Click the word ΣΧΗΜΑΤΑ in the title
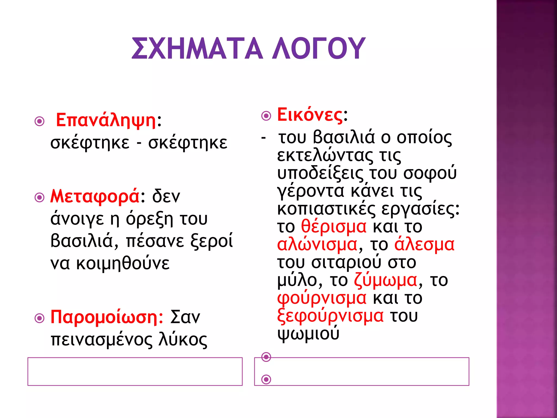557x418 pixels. point(197,48)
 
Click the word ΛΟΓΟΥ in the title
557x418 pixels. point(319,48)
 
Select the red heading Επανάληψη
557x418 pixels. point(106,120)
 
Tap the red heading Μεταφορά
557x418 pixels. point(95,196)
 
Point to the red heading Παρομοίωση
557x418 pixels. point(107,317)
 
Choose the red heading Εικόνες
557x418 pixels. point(310,115)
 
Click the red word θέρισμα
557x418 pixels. point(334,226)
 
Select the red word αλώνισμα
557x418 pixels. point(317,244)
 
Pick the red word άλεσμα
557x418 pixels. point(424,244)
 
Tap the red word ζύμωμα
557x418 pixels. point(386,280)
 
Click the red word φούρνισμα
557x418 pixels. point(322,298)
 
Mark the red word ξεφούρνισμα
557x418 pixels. point(330,316)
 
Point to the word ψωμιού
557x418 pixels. point(308,334)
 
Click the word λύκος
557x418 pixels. point(183,340)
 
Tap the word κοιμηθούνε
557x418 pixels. point(123,263)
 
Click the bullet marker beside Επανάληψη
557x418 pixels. point(40,121)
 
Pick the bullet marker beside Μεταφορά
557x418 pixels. point(40,197)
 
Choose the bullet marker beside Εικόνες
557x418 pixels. point(266,116)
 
